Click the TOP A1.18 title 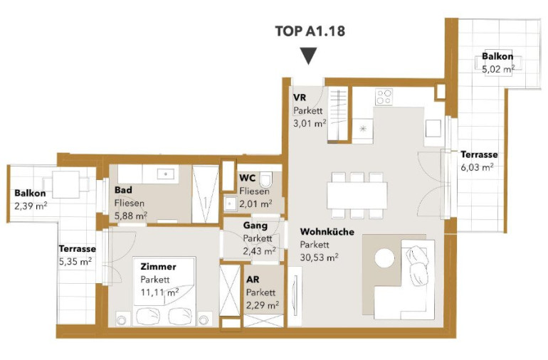(x=310, y=31)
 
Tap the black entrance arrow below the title (x=309, y=56)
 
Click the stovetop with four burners (x=384, y=97)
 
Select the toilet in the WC (x=266, y=180)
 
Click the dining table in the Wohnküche (x=357, y=196)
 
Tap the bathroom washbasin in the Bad (x=166, y=174)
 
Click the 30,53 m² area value (x=319, y=258)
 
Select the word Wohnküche (x=327, y=232)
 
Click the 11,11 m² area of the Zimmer (x=159, y=292)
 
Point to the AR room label (x=253, y=280)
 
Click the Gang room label (x=255, y=226)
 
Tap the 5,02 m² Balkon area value (x=498, y=69)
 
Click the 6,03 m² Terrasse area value (x=477, y=167)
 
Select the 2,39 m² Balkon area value (x=31, y=206)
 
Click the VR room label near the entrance (x=300, y=97)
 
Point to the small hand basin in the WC (x=230, y=203)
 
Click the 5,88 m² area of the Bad (x=131, y=216)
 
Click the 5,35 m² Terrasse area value (x=75, y=261)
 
